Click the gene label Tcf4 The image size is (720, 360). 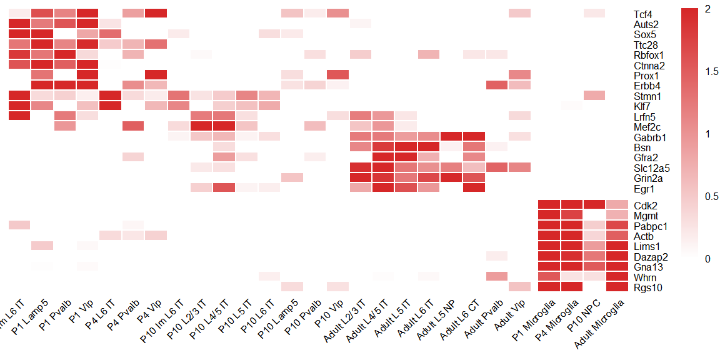pos(641,14)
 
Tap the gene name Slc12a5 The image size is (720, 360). pos(649,168)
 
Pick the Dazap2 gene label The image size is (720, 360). pos(648,257)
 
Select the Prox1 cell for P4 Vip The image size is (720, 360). pos(155,75)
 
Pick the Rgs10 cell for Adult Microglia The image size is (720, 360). pos(616,287)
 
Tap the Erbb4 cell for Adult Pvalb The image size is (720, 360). pos(496,85)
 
